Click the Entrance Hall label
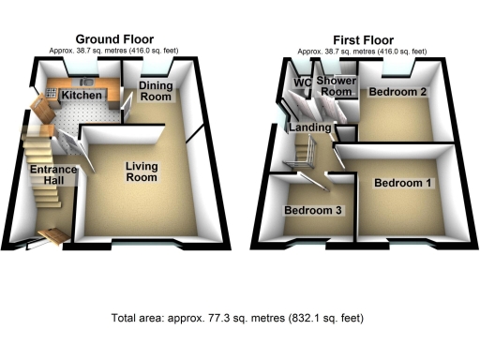46,175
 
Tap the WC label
302,82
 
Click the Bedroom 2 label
398,92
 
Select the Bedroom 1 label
403,183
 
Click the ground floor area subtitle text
114,50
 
